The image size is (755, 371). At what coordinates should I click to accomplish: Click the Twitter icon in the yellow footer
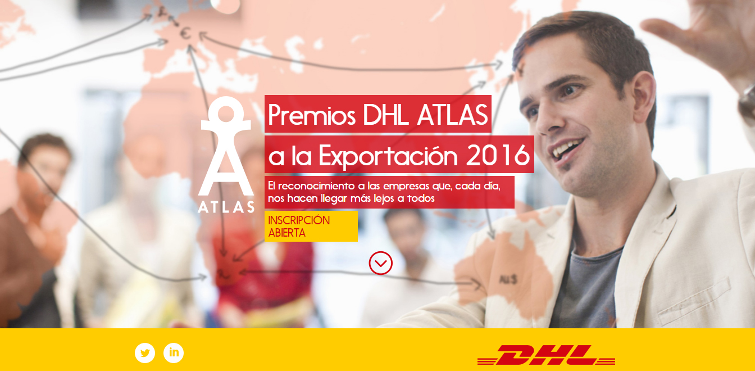coord(145,353)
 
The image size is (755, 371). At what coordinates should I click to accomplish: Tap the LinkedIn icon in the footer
coord(174,353)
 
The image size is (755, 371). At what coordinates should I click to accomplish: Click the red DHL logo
coord(546,355)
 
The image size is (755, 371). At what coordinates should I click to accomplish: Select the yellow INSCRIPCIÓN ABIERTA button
coord(311,227)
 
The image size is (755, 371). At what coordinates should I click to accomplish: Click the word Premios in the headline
coord(312,115)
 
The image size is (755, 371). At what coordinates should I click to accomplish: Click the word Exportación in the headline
coord(388,155)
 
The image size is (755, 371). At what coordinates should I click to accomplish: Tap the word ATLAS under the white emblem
coord(226,207)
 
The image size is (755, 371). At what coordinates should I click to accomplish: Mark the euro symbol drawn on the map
coord(185,33)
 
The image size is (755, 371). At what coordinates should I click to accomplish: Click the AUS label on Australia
coord(508,279)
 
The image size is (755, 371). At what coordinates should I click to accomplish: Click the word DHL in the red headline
coord(388,115)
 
